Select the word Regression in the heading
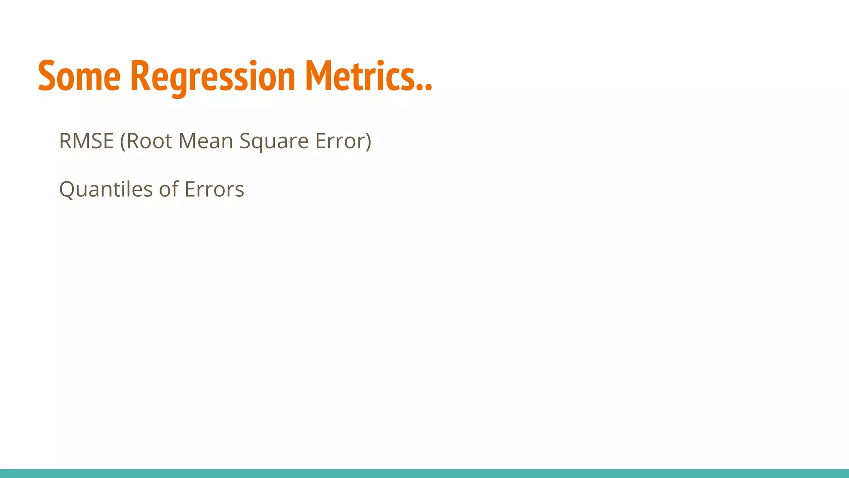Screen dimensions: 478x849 point(213,77)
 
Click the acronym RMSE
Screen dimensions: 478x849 point(86,141)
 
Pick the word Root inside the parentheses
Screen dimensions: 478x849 point(149,141)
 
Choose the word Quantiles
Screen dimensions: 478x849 point(106,190)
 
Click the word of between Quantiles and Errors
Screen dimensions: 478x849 point(169,189)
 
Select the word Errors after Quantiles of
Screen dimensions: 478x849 point(214,190)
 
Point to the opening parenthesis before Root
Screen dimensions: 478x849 point(123,141)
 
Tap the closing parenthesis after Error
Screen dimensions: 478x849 point(367,141)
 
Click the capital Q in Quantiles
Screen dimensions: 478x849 point(67,190)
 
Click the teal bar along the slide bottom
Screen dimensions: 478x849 point(424,473)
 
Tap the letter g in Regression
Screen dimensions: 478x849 point(179,81)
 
